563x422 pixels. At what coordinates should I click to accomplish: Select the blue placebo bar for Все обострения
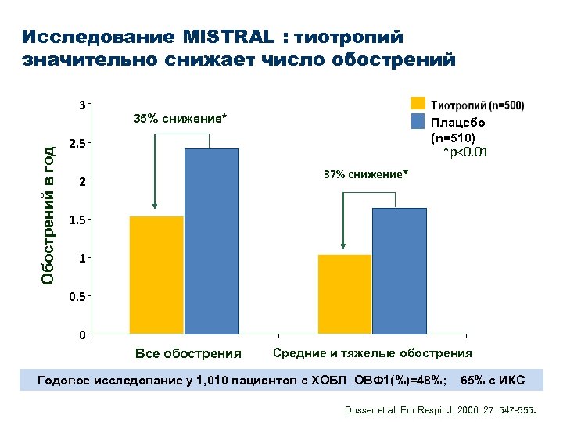(x=212, y=241)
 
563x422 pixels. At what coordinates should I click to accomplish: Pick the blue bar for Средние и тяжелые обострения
(x=400, y=271)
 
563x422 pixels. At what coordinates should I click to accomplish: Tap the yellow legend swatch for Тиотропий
(x=418, y=104)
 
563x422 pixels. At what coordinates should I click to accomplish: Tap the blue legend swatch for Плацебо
(x=418, y=121)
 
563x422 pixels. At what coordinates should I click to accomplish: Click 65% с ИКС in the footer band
(x=493, y=381)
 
